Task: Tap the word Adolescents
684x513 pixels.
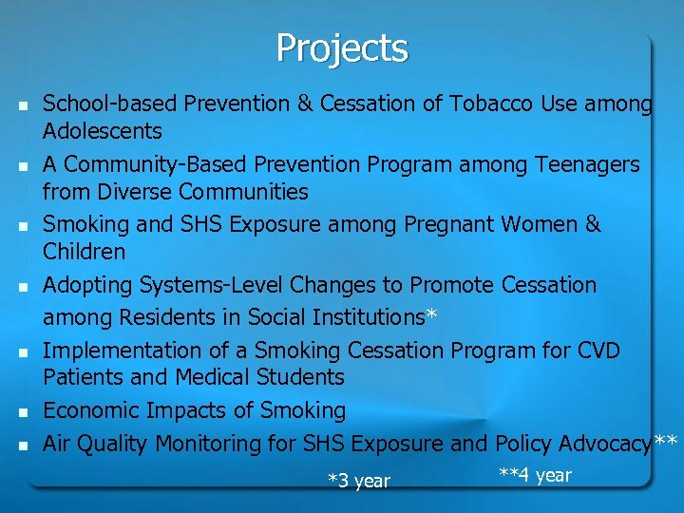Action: point(103,131)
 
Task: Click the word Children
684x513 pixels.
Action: point(84,252)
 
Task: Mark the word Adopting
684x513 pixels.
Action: point(87,285)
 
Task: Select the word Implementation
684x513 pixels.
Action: point(119,351)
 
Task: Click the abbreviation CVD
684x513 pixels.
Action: point(598,351)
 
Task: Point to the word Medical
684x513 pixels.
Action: point(213,377)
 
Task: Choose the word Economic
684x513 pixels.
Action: point(91,410)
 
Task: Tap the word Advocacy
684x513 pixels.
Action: point(604,444)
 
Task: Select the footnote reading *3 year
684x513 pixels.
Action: point(358,481)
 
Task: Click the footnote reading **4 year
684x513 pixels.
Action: point(534,475)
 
